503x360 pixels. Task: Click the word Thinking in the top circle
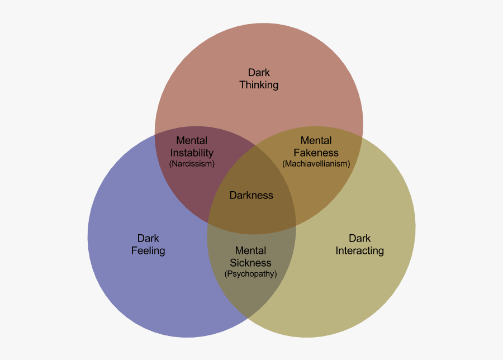coord(259,85)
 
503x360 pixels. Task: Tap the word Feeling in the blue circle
coord(148,250)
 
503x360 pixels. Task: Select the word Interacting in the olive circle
coord(359,250)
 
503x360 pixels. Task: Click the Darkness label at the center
coord(251,195)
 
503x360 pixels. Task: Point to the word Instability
coord(192,153)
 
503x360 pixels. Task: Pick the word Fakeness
coord(316,153)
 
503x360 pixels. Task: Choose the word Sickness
coord(250,263)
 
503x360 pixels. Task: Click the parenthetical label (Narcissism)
coord(192,164)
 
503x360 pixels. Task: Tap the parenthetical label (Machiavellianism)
coord(316,164)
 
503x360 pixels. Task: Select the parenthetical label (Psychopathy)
coord(250,274)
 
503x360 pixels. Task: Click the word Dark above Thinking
coord(259,73)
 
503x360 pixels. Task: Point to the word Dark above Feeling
coord(148,239)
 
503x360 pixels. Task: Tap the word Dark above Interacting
coord(359,239)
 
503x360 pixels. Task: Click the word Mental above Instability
coord(192,141)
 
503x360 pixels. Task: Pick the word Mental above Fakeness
coord(316,141)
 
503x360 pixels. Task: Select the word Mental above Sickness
coord(250,250)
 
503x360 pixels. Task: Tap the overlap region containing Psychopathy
coord(251,291)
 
